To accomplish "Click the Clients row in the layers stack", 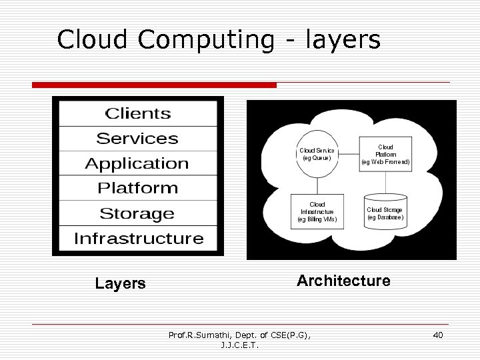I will [x=138, y=114].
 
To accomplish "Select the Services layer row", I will [x=138, y=139].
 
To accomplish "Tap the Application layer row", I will [x=137, y=163].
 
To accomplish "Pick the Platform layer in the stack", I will [x=138, y=188].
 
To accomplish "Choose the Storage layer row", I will [x=137, y=213].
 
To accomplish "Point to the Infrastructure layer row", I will [x=139, y=239].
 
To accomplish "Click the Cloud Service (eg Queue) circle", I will [x=317, y=155].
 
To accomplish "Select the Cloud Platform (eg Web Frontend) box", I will [x=385, y=155].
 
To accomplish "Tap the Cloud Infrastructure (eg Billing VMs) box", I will [x=317, y=211].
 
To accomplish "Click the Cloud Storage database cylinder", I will [x=385, y=213].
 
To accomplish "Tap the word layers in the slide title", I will [x=343, y=39].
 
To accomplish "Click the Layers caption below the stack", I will [x=120, y=283].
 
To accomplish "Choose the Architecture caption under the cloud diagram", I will [x=343, y=281].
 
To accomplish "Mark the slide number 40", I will [x=437, y=335].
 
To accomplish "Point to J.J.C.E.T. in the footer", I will [x=240, y=345].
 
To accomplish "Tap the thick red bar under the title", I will [x=154, y=85].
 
